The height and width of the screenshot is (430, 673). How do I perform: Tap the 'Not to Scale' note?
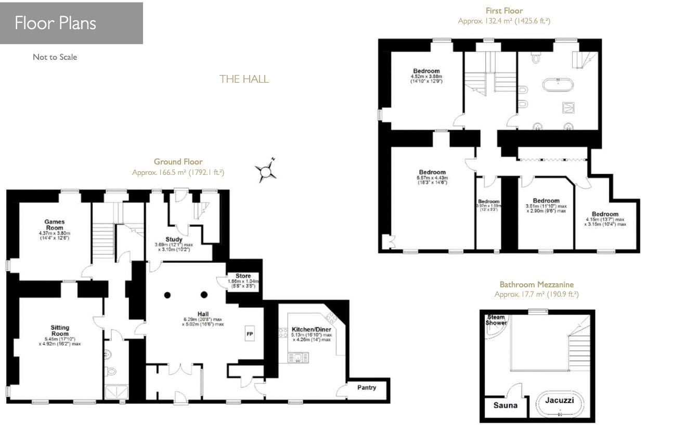(x=55, y=57)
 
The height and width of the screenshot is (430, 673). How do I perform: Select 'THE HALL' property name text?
(x=244, y=79)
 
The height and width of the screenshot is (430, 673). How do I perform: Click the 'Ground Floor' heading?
(x=178, y=162)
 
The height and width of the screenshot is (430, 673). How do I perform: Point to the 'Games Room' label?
(x=54, y=225)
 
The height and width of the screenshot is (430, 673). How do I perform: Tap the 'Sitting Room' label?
(x=60, y=331)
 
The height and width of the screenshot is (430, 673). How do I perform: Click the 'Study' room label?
(x=174, y=239)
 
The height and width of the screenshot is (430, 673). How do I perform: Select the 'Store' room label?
(x=243, y=276)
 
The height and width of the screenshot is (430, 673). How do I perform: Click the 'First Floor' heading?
(x=503, y=10)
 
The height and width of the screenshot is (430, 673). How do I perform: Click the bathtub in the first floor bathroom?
(x=558, y=85)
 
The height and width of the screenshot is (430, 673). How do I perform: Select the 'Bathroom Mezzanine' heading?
(x=536, y=285)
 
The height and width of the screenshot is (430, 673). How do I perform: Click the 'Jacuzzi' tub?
(x=560, y=401)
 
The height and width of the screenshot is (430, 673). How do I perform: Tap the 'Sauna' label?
(x=505, y=405)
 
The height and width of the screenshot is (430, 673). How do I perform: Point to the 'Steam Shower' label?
(x=496, y=320)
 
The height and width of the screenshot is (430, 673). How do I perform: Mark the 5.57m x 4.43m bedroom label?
(x=432, y=172)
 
